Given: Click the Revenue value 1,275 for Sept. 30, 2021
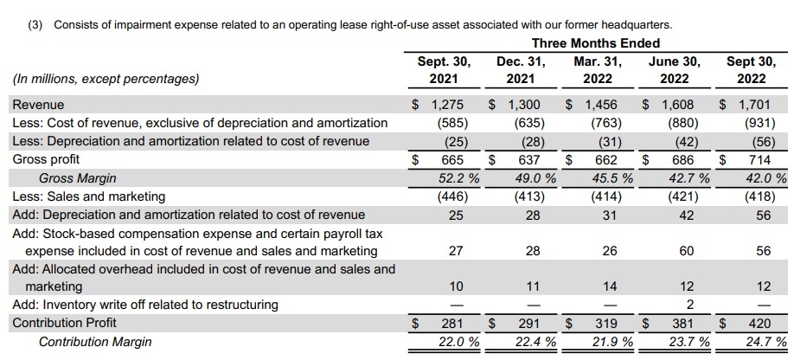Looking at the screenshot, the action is pyautogui.click(x=447, y=105).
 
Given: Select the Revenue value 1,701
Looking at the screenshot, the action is pyautogui.click(x=754, y=105).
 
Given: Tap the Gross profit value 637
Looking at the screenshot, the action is pyautogui.click(x=529, y=160).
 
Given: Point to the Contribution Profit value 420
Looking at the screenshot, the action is pyautogui.click(x=759, y=324).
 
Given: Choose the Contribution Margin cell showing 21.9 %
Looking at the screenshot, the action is pyautogui.click(x=612, y=343).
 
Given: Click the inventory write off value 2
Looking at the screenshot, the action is pyautogui.click(x=689, y=305).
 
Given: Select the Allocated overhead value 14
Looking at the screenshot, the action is pyautogui.click(x=610, y=286).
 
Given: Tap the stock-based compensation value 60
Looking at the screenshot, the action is pyautogui.click(x=687, y=251).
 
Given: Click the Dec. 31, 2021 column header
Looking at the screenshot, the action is pyautogui.click(x=521, y=70).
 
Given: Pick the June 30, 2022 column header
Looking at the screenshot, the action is pyautogui.click(x=675, y=70).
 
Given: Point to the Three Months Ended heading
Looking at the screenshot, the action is pyautogui.click(x=595, y=43).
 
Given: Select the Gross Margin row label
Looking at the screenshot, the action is pyautogui.click(x=78, y=178).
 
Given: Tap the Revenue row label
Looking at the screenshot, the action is pyautogui.click(x=38, y=105).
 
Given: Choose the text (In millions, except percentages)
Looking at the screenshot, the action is pyautogui.click(x=106, y=79).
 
